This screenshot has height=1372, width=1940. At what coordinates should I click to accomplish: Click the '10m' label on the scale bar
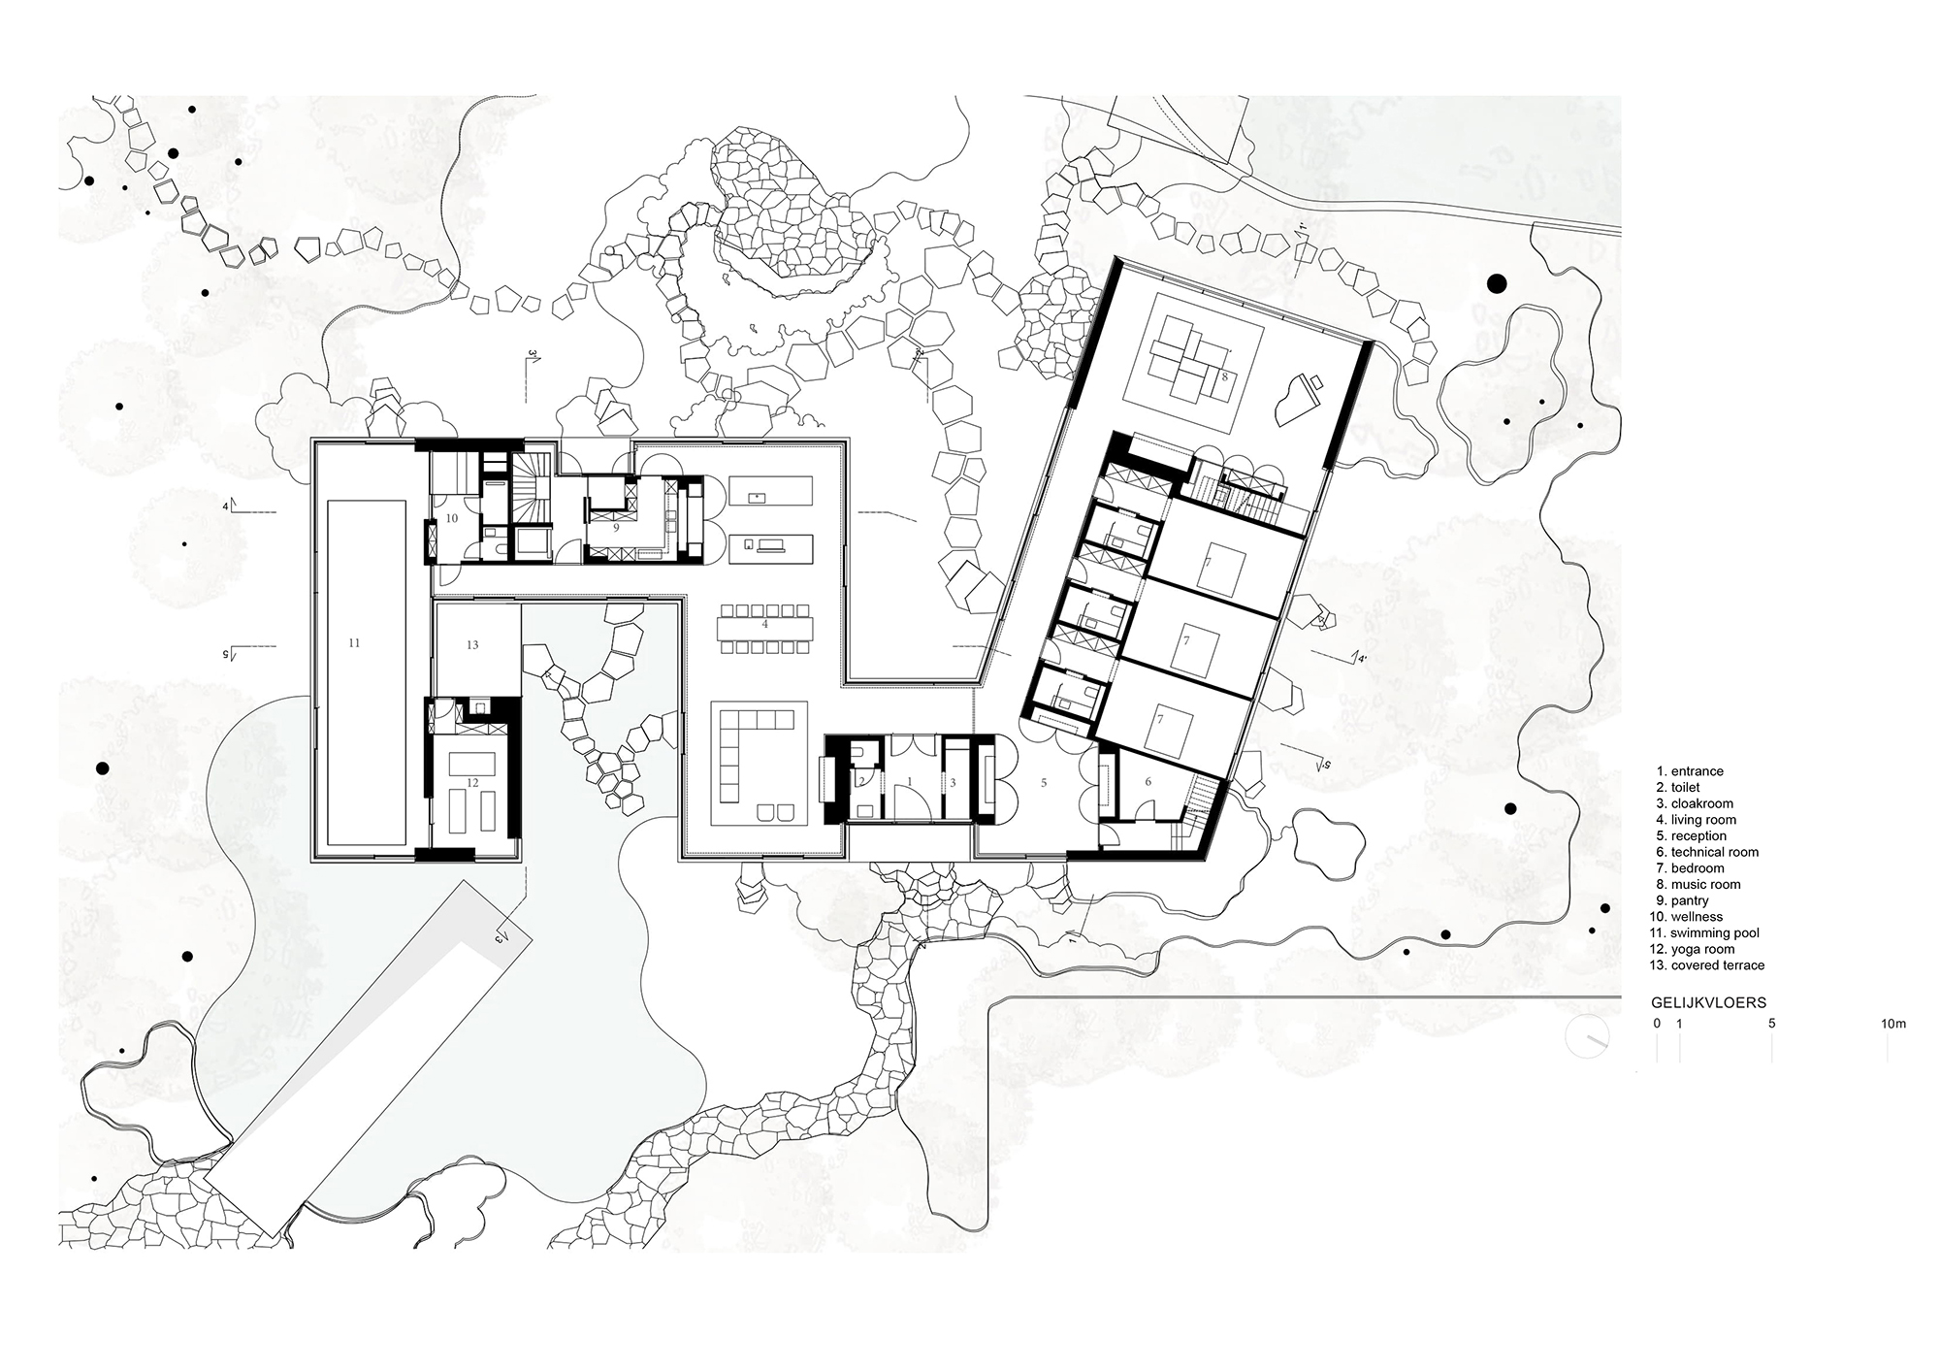(1892, 1024)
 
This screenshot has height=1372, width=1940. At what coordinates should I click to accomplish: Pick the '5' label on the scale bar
(1771, 1024)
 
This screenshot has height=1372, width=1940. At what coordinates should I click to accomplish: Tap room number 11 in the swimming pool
(354, 642)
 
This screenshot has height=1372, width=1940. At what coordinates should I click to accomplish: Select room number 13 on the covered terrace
(472, 645)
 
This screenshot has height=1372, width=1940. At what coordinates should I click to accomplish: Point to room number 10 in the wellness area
(451, 519)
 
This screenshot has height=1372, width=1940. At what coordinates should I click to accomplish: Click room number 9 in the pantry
(615, 528)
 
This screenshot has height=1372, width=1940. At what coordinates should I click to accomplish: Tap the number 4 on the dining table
(764, 625)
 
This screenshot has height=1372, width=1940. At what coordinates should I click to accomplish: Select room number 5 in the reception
(1043, 782)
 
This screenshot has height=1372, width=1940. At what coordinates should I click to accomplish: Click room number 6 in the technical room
(1148, 782)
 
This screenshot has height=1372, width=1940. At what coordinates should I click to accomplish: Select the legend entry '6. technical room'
(1714, 852)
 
